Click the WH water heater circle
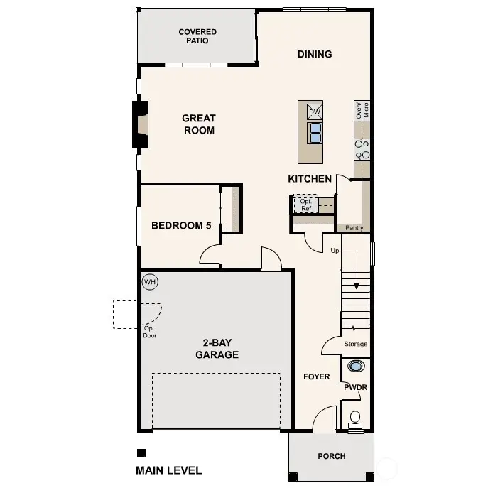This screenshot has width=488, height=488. coord(150,282)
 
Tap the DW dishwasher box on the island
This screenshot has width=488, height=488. coord(315,112)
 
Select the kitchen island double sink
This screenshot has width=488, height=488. coord(315,132)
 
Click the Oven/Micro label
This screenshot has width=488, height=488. coord(362,109)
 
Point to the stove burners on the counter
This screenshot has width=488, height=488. coord(362,148)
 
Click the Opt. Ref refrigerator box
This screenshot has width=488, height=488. coord(306,205)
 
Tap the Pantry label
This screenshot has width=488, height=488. coord(354,228)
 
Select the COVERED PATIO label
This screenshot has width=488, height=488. coord(197,36)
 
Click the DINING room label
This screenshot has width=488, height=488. coord(315,54)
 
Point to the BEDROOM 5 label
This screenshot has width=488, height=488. coord(181,226)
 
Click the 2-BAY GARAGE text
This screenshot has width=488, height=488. coord(217,349)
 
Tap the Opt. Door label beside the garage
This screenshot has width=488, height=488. coord(150,331)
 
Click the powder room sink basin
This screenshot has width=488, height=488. coord(356,367)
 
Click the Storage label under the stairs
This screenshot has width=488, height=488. coord(356,345)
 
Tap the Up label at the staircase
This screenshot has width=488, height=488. coord(335,251)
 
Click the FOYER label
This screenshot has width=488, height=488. coord(316,376)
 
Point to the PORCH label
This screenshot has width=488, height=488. coord(331,456)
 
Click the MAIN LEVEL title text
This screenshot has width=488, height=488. coord(168,470)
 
